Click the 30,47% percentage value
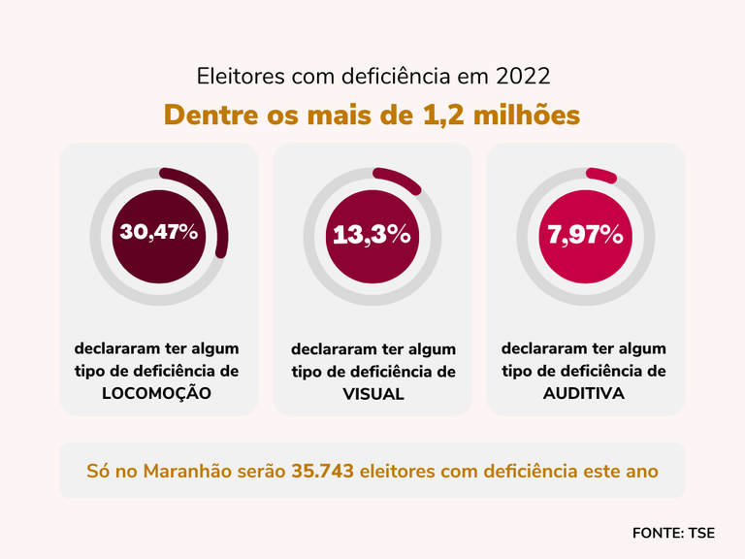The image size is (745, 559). (x=159, y=232)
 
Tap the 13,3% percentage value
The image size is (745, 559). (x=372, y=234)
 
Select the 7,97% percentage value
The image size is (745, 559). (x=585, y=234)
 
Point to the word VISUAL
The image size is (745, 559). (x=372, y=395)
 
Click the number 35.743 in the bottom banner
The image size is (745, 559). (x=322, y=472)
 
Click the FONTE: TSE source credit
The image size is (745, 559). (x=673, y=532)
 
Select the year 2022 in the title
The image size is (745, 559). (x=524, y=75)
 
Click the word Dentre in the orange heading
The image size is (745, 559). (x=211, y=115)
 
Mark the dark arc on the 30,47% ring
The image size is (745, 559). (x=215, y=199)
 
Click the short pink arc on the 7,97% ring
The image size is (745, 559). (x=601, y=176)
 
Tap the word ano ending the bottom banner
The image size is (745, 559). (x=643, y=472)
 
